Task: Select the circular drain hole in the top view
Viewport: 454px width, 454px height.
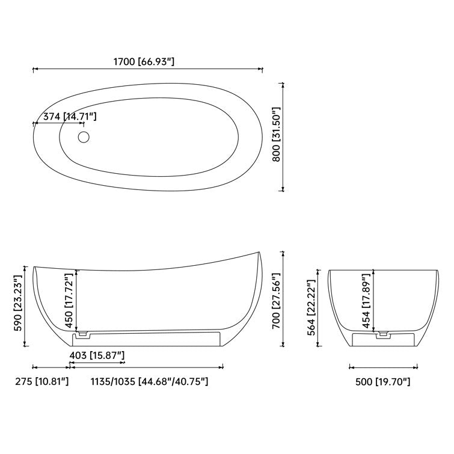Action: (x=84, y=138)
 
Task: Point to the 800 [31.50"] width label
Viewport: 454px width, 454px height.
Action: (x=276, y=138)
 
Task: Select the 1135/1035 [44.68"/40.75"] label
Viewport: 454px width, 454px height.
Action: (x=149, y=381)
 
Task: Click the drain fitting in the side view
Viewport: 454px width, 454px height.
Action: (x=83, y=331)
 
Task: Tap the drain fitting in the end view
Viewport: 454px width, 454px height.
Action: (x=381, y=331)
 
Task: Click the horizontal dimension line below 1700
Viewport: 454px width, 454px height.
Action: (x=148, y=70)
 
